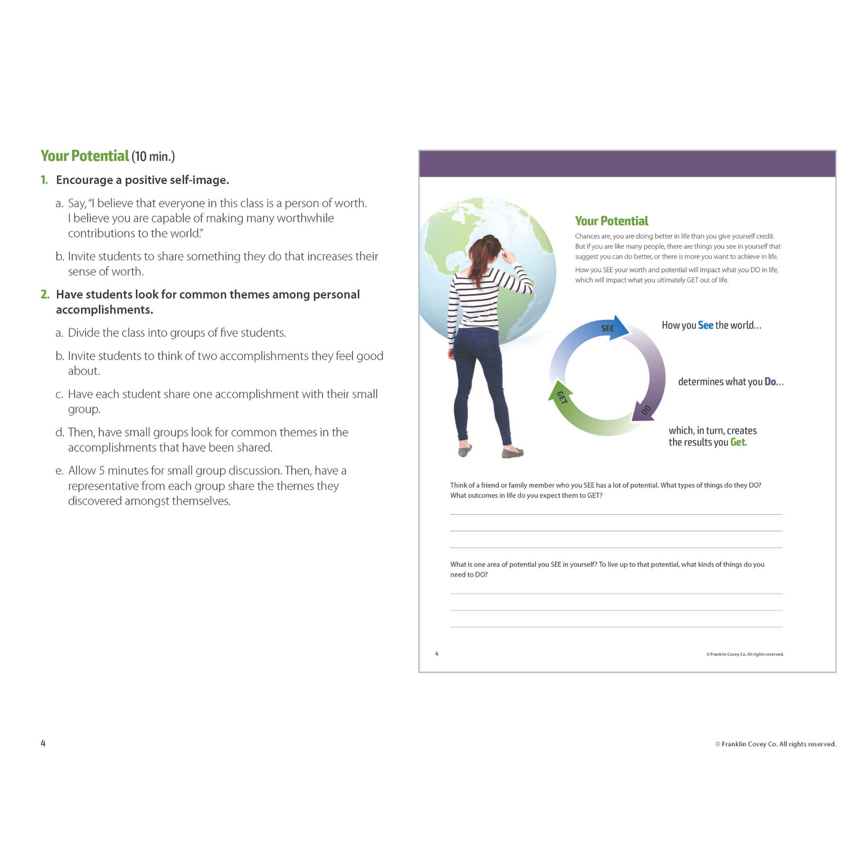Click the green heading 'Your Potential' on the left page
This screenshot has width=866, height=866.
85,156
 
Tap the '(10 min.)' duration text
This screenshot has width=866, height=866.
153,157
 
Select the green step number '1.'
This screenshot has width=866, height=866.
44,180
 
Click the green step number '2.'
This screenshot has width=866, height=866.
45,295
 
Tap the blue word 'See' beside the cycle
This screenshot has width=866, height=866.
705,325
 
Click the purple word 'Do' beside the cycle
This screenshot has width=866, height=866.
770,382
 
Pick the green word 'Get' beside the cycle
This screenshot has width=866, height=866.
738,442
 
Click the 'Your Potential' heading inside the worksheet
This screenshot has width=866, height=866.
611,221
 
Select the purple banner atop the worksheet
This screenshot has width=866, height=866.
627,164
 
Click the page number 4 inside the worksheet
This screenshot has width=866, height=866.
437,654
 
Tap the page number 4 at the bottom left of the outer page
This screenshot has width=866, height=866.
43,744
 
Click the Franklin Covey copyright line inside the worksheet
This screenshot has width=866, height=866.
745,654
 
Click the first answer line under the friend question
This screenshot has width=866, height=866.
616,514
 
